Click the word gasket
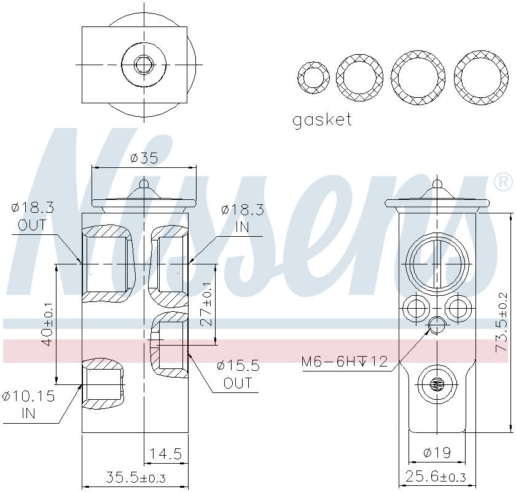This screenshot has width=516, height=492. point(322,119)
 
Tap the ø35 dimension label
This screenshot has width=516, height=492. point(144,158)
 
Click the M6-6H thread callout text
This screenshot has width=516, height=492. point(345,361)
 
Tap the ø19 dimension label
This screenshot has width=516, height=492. point(437,453)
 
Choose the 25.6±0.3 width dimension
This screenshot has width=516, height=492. point(436,477)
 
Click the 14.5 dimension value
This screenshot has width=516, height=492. point(165,454)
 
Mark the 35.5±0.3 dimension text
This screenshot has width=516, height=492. point(136,477)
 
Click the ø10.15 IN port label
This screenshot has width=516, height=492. point(28,404)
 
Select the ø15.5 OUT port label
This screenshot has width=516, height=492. point(238,374)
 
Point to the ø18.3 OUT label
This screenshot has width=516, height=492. point(32,216)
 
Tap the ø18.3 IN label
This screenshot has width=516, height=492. point(242,218)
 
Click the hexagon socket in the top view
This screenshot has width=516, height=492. point(144,63)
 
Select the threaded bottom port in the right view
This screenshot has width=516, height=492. point(437,386)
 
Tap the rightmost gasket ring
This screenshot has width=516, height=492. point(480,77)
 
